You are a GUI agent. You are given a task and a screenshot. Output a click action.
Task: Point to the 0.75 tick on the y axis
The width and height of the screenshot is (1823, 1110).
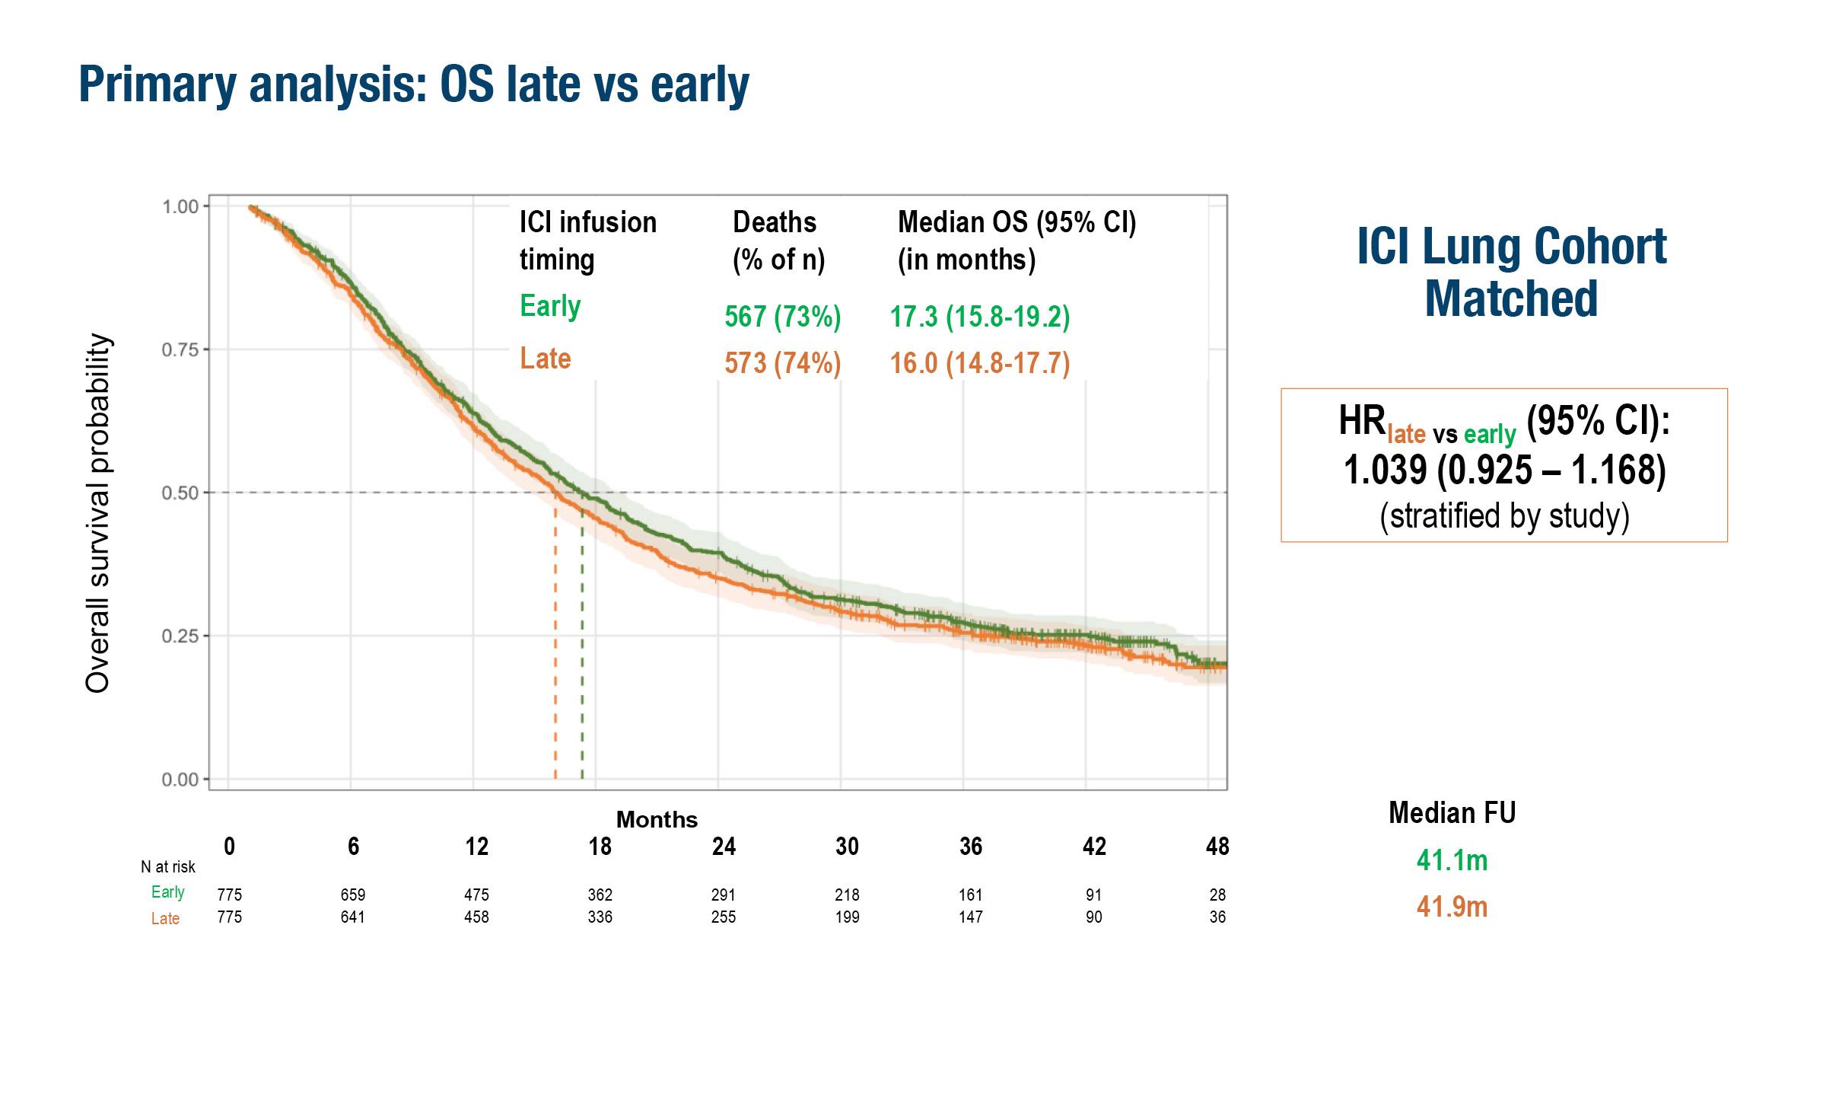pyautogui.click(x=180, y=349)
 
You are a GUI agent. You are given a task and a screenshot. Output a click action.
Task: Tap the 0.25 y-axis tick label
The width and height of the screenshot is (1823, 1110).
pyautogui.click(x=180, y=636)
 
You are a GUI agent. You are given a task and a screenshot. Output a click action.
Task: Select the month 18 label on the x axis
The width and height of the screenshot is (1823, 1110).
pyautogui.click(x=600, y=847)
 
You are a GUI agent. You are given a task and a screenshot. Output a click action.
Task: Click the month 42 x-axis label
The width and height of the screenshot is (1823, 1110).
pyautogui.click(x=1094, y=847)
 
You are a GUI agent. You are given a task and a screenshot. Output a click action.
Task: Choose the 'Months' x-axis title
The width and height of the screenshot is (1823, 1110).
pyautogui.click(x=657, y=819)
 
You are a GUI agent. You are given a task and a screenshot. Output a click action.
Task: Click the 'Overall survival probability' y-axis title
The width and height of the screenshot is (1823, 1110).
pyautogui.click(x=98, y=512)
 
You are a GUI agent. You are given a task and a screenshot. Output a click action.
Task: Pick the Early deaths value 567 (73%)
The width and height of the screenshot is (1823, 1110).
pyautogui.click(x=782, y=317)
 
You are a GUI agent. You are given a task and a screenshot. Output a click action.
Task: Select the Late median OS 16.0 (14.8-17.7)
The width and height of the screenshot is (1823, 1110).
pyautogui.click(x=980, y=363)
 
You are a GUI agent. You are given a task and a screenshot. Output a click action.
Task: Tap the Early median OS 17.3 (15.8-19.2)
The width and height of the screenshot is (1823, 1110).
pyautogui.click(x=980, y=317)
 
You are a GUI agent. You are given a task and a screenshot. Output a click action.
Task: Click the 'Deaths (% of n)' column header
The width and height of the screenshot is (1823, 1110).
pyautogui.click(x=778, y=241)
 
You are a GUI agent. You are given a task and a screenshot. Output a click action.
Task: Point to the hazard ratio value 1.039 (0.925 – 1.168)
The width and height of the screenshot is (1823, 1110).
pyautogui.click(x=1504, y=470)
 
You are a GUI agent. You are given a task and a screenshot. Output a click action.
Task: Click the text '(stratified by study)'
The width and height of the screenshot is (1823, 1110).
pyautogui.click(x=1504, y=515)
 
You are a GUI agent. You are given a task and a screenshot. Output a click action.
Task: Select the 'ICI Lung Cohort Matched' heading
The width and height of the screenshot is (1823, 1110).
pyautogui.click(x=1511, y=272)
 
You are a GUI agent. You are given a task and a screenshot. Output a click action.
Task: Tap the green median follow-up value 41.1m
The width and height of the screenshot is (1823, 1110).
pyautogui.click(x=1452, y=860)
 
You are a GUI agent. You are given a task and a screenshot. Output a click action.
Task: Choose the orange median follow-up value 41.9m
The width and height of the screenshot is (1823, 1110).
pyautogui.click(x=1452, y=907)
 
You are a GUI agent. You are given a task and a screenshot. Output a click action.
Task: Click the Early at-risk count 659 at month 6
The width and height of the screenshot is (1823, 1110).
pyautogui.click(x=353, y=895)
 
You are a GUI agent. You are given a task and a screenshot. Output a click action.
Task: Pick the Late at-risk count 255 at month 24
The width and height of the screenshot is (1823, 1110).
pyautogui.click(x=723, y=917)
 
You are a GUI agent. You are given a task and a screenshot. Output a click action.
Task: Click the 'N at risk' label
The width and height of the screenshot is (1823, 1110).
pyautogui.click(x=168, y=867)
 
